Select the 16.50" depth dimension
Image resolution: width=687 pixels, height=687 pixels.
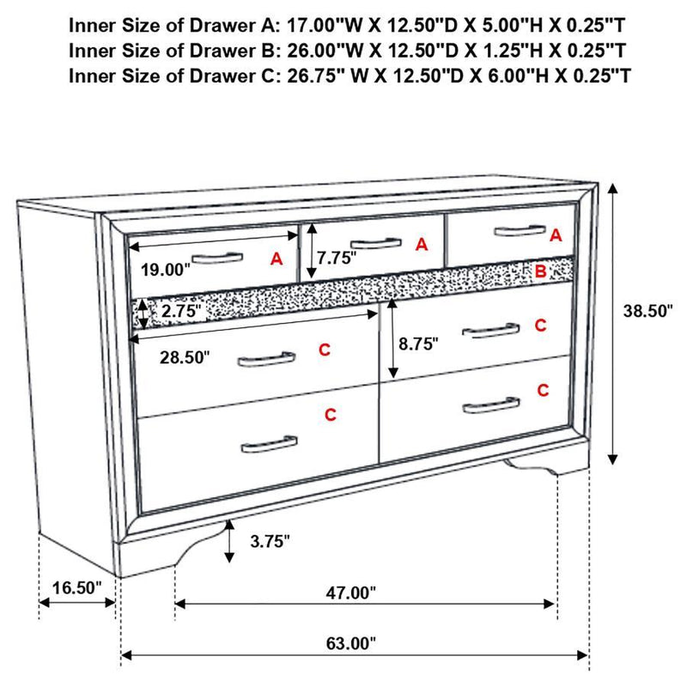point(76,589)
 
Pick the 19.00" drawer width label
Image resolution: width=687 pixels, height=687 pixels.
point(165,270)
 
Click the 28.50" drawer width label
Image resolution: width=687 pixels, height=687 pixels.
point(184,358)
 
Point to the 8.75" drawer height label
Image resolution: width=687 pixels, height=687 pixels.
point(419,343)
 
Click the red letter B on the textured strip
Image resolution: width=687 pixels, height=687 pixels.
point(540,272)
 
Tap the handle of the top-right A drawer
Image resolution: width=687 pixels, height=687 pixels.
point(519,229)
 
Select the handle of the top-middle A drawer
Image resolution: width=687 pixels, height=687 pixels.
point(375,242)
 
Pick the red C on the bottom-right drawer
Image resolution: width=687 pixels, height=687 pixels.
point(543,390)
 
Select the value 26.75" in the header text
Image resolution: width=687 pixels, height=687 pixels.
point(313,76)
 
